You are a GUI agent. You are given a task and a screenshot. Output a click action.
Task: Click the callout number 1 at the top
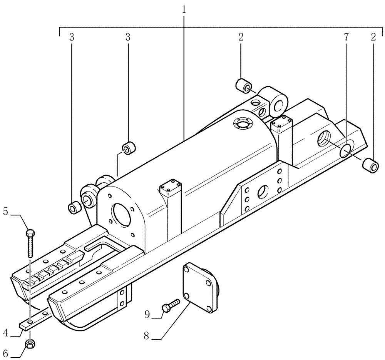184,9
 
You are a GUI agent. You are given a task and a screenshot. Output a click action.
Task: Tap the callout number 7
346,37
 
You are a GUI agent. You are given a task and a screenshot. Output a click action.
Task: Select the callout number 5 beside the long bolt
5,212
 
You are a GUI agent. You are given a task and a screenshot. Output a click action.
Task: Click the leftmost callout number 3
72,37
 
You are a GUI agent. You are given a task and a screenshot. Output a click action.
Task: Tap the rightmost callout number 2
373,37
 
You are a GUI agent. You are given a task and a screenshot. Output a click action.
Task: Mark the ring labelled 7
346,151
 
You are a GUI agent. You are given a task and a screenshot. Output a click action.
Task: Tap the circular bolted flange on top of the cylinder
241,125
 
